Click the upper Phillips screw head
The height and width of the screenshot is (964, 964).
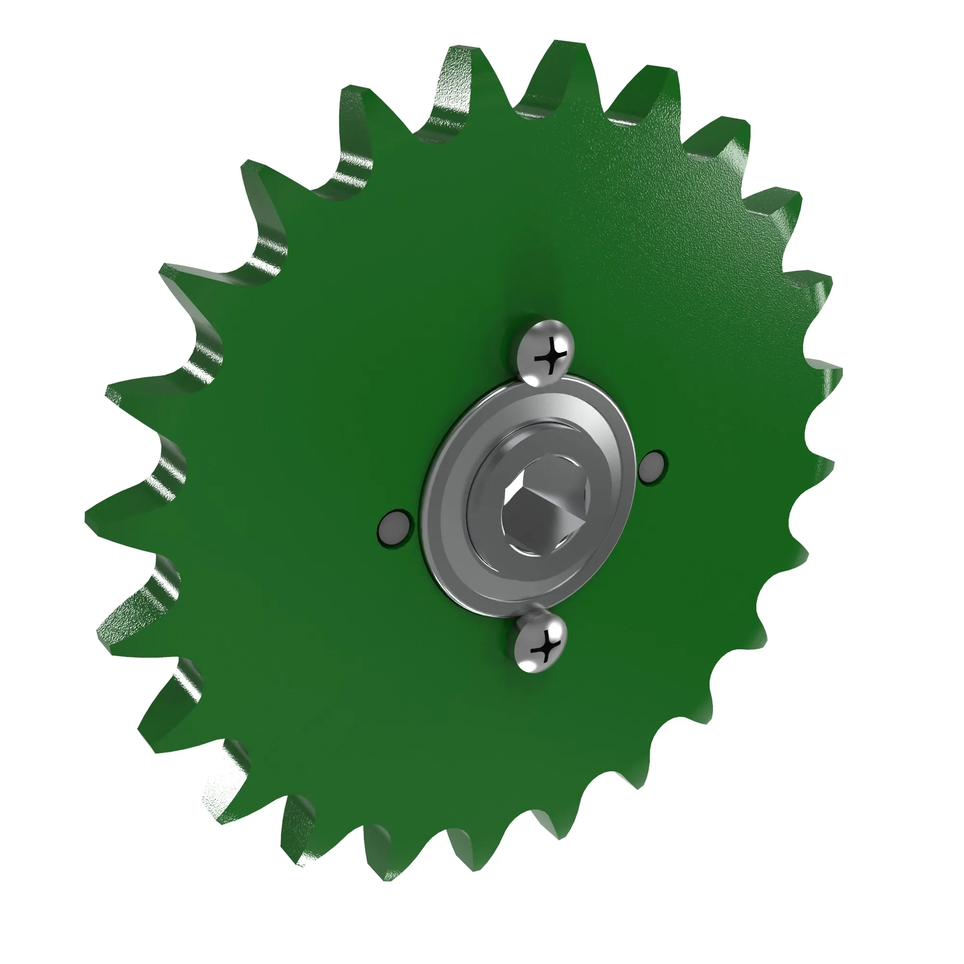pyautogui.click(x=545, y=353)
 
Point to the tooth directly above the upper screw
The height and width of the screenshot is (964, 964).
pyautogui.click(x=564, y=65)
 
